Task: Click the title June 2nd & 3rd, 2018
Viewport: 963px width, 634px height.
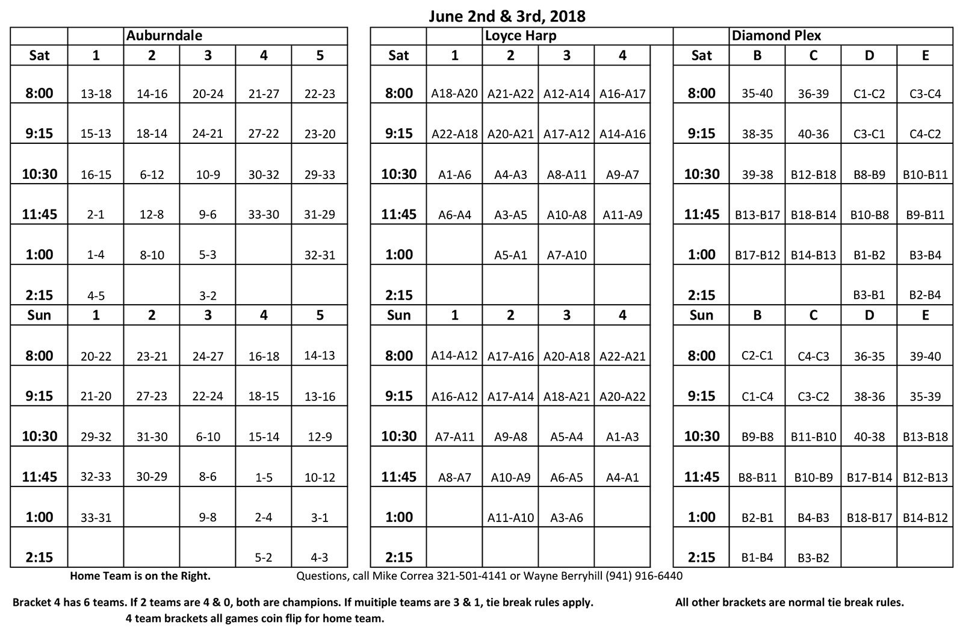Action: (507, 16)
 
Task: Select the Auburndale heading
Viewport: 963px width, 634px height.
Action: (164, 36)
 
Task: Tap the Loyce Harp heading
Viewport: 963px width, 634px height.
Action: (521, 36)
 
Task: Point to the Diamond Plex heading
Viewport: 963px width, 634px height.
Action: (776, 36)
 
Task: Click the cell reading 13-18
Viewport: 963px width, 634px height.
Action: (96, 94)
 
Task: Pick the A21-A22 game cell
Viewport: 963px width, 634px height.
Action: (510, 94)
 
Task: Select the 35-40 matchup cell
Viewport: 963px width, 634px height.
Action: (757, 93)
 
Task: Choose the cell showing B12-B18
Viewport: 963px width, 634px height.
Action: (813, 175)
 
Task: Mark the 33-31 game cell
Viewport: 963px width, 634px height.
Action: (96, 517)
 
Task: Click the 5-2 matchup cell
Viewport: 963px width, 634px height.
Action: (264, 558)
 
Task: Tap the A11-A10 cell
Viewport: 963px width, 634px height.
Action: (510, 517)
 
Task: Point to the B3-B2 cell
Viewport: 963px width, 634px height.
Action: (813, 558)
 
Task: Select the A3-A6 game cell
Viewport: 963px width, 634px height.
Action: (566, 517)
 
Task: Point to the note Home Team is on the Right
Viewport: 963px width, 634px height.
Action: (140, 576)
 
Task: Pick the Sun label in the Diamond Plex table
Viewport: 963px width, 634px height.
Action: (701, 315)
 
